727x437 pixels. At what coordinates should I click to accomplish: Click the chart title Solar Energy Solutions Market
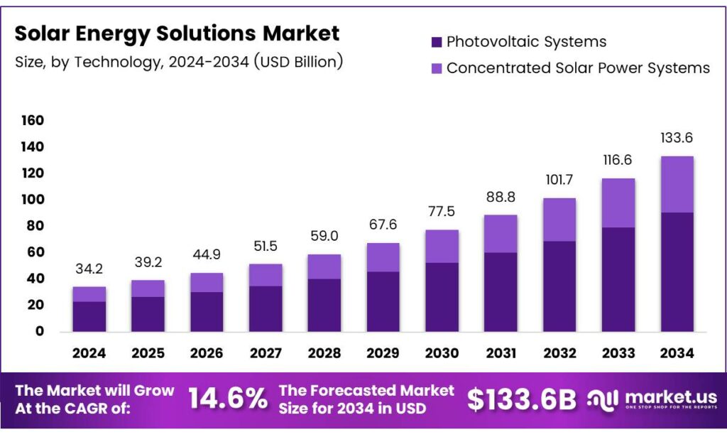177,33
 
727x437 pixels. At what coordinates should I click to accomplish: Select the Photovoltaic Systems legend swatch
437,42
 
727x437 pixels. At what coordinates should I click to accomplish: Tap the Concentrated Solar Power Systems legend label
578,68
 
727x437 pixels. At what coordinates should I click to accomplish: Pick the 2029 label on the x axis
383,352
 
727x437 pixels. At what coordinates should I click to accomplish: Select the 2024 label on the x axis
89,352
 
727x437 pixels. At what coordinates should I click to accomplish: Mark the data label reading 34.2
89,270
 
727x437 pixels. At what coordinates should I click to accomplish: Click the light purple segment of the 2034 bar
677,184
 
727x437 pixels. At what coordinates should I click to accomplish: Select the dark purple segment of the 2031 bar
501,291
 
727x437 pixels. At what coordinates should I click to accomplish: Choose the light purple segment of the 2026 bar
207,282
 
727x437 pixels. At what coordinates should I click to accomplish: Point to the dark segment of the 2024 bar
89,316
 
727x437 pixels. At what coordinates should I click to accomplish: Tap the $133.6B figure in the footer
521,399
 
